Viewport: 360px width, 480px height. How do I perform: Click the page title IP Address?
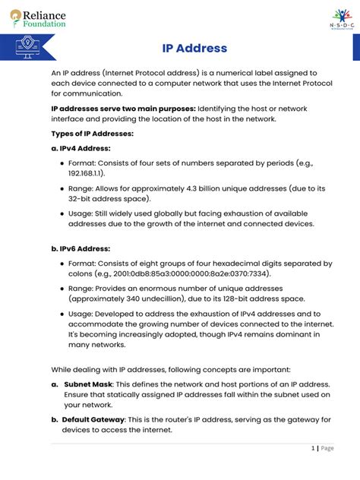[194, 49]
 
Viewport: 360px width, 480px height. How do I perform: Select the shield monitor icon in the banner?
[28, 48]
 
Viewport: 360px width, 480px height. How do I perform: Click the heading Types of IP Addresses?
[92, 134]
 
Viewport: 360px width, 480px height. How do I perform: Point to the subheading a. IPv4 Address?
[81, 148]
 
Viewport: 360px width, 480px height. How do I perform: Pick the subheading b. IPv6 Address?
[81, 248]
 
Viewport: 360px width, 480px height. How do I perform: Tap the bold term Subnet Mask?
[88, 384]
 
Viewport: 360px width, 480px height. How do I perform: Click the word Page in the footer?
[327, 448]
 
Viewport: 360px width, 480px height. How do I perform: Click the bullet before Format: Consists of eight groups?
[62, 264]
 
